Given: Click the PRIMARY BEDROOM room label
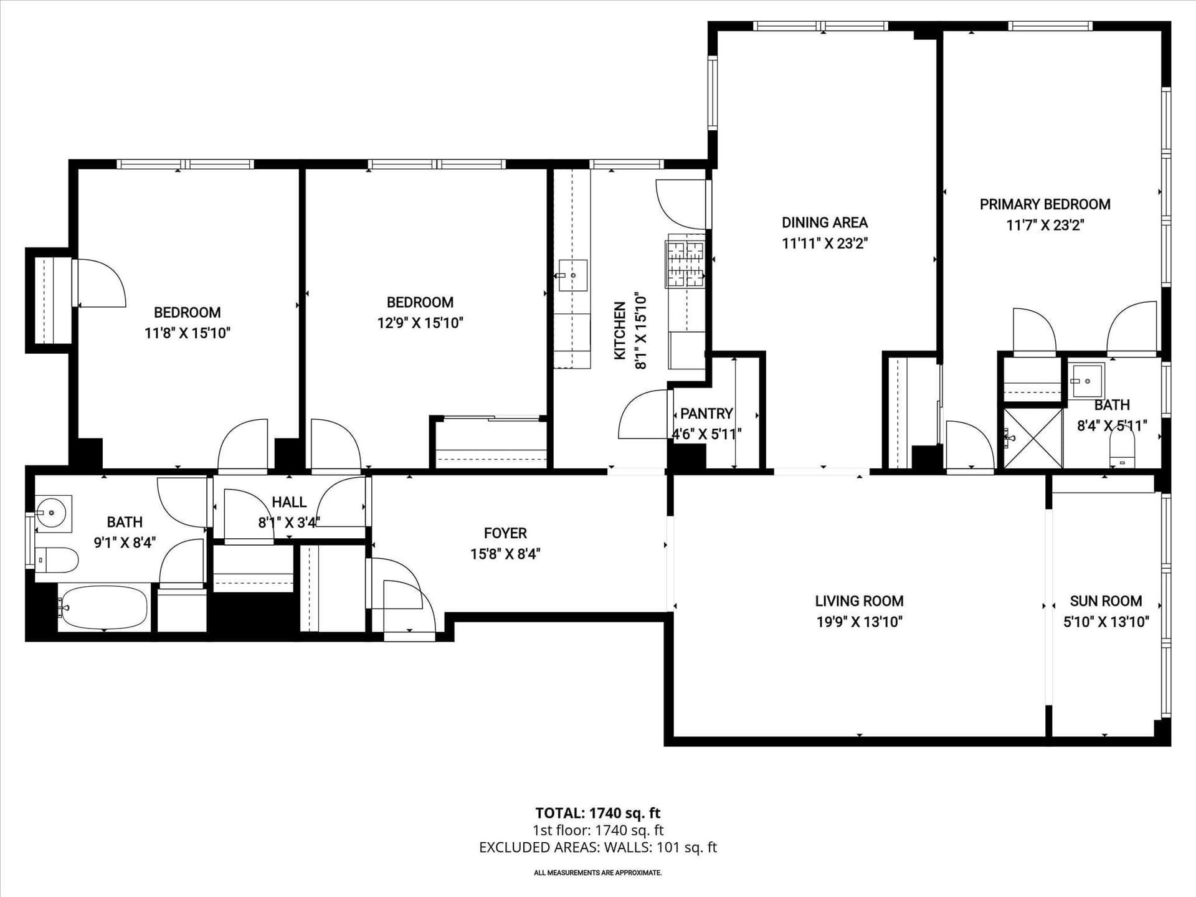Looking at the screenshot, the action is click(1045, 204).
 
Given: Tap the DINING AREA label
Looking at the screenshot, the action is click(825, 222).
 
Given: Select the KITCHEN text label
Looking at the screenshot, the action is click(620, 331).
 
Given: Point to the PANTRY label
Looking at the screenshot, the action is click(706, 414).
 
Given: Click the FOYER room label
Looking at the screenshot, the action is click(505, 533).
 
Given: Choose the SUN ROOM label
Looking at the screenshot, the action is click(1106, 601).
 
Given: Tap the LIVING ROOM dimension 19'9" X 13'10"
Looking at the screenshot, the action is click(860, 622).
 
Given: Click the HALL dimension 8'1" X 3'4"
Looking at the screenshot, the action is click(289, 523).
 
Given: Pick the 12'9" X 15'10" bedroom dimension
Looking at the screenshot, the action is click(420, 323).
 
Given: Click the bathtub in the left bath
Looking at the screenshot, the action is click(104, 607).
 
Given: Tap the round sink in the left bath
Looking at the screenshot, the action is click(52, 514).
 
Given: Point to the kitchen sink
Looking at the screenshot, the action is click(572, 275).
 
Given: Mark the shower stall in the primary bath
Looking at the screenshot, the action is click(1032, 438).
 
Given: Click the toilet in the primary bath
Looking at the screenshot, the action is click(1122, 450).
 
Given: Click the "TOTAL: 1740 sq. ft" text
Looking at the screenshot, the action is click(597, 813).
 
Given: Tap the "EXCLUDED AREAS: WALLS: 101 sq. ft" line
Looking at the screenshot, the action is click(598, 847).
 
